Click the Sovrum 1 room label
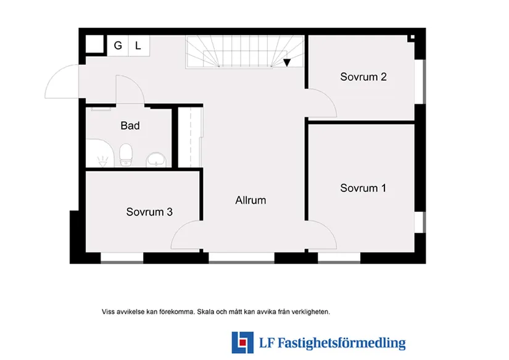(x=363, y=188)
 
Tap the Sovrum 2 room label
(x=363, y=77)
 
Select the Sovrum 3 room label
(x=149, y=212)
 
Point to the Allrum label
(x=250, y=200)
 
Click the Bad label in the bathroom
(x=130, y=126)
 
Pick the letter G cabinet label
(x=117, y=45)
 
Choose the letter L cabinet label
(x=138, y=45)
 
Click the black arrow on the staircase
(x=287, y=62)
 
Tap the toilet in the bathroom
(x=126, y=154)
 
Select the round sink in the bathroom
(x=157, y=161)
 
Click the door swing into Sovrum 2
(x=323, y=102)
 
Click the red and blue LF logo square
(x=242, y=342)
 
